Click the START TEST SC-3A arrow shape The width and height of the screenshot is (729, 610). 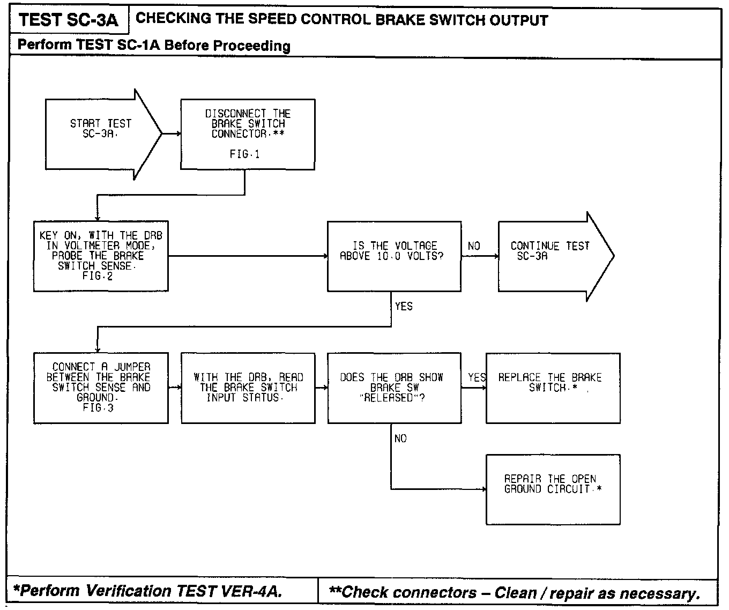[x=102, y=134]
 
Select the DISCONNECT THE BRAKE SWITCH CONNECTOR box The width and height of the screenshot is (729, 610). [x=247, y=134]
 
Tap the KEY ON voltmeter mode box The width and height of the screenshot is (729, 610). [x=101, y=256]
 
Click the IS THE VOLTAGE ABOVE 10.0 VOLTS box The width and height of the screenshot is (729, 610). [x=394, y=256]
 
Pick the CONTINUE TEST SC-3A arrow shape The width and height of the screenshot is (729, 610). [x=552, y=256]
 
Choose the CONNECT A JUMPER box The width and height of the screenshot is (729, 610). [x=101, y=388]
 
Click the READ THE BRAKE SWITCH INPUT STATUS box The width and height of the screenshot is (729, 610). [x=248, y=388]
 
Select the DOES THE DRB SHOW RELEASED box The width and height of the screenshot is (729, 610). [x=394, y=388]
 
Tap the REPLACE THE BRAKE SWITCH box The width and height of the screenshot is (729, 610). [x=553, y=388]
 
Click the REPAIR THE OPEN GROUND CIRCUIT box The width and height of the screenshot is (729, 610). [x=553, y=489]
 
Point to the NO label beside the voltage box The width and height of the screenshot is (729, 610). [x=474, y=246]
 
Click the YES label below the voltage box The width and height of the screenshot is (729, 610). [x=404, y=306]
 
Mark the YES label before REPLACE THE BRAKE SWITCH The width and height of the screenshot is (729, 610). [x=477, y=377]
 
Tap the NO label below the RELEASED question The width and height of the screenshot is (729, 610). [x=400, y=438]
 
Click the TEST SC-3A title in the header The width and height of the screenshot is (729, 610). [x=68, y=20]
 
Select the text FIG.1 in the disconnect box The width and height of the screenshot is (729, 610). [x=245, y=154]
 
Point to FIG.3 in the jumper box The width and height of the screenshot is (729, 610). [x=98, y=408]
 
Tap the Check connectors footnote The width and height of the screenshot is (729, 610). [x=515, y=592]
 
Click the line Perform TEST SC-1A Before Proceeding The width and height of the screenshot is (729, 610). [x=154, y=45]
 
